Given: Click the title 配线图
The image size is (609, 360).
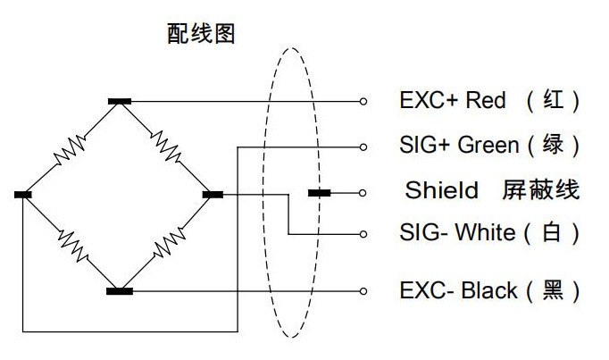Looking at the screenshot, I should pyautogui.click(x=200, y=34).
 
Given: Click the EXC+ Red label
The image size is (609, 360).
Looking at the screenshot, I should pyautogui.click(x=452, y=100).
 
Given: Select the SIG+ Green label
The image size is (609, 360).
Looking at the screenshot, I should pyautogui.click(x=458, y=144).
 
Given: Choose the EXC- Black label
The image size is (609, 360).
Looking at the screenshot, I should pyautogui.click(x=458, y=290).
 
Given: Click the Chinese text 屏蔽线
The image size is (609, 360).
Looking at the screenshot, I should pyautogui.click(x=542, y=190).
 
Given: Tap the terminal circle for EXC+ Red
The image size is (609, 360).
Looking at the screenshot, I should pyautogui.click(x=363, y=102).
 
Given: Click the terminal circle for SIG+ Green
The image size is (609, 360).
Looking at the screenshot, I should pyautogui.click(x=363, y=146).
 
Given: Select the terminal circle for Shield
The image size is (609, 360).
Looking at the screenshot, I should pyautogui.click(x=363, y=193).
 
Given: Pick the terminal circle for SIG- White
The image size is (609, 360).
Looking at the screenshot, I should pyautogui.click(x=363, y=234).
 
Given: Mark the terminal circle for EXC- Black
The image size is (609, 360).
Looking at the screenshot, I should pyautogui.click(x=363, y=290).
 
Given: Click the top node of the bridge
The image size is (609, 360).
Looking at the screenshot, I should pyautogui.click(x=119, y=102).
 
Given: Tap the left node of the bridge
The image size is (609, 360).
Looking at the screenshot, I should pyautogui.click(x=24, y=193).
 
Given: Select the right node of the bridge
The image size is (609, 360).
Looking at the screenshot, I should pyautogui.click(x=213, y=193).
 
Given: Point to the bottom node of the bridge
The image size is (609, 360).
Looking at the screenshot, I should pyautogui.click(x=119, y=290).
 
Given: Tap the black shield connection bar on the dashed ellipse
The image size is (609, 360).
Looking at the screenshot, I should pyautogui.click(x=318, y=193).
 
